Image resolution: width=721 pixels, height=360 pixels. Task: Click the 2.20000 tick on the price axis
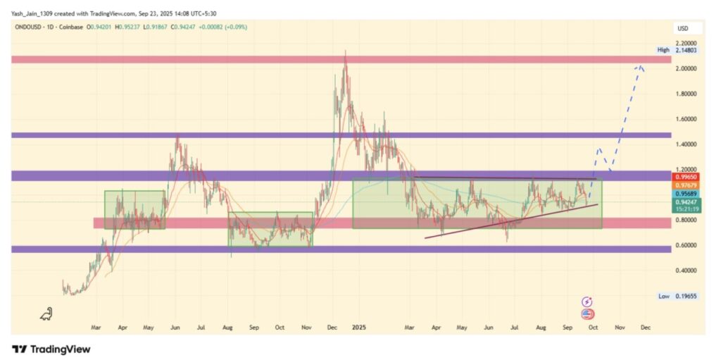(x=686, y=44)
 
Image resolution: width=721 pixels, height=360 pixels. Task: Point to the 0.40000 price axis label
(x=686, y=271)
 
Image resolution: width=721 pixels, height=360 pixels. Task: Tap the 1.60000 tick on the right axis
(x=686, y=119)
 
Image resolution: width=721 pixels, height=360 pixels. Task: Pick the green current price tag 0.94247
(x=686, y=201)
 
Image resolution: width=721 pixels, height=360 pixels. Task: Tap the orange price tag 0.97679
(x=686, y=186)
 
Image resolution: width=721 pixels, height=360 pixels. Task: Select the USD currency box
(x=682, y=29)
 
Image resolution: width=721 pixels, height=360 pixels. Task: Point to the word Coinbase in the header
(x=71, y=27)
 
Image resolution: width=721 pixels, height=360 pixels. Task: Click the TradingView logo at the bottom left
(x=51, y=349)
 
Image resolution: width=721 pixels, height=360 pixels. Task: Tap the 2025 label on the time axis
(x=360, y=328)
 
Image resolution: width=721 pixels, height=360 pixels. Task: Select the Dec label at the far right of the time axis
(x=646, y=328)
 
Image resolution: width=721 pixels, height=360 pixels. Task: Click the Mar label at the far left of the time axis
(x=96, y=328)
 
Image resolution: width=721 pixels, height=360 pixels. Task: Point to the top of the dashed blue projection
(x=640, y=67)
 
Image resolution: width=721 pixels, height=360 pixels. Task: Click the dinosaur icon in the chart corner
(x=47, y=313)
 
